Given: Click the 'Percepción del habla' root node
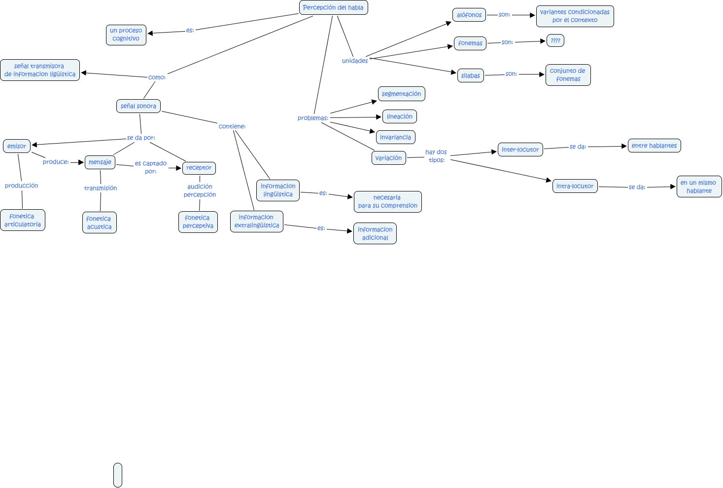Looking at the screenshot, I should (333, 7).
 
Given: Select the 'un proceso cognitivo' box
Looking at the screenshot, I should (126, 35).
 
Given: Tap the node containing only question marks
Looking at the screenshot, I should (555, 40).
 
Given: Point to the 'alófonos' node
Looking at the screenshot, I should (469, 15).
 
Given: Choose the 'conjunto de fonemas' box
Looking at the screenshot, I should (568, 75).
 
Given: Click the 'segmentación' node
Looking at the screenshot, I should (401, 94).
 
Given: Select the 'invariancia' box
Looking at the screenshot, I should (395, 137).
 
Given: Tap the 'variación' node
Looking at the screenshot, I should (388, 158).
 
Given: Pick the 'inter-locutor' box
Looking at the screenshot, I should (520, 150).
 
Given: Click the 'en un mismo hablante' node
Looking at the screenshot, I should (699, 187).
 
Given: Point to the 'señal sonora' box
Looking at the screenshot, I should (138, 106).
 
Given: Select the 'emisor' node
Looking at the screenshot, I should (17, 146).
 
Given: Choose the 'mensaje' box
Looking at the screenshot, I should (100, 162).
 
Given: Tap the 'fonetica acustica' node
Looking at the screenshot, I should (99, 223).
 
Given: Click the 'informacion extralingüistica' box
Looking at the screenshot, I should (256, 222).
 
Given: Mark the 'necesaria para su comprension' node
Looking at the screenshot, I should (387, 202).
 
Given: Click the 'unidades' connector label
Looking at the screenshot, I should (355, 61).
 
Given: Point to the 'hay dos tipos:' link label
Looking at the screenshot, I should (436, 156).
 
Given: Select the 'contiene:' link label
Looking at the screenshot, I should (232, 126).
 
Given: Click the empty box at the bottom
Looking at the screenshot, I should (118, 475).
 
